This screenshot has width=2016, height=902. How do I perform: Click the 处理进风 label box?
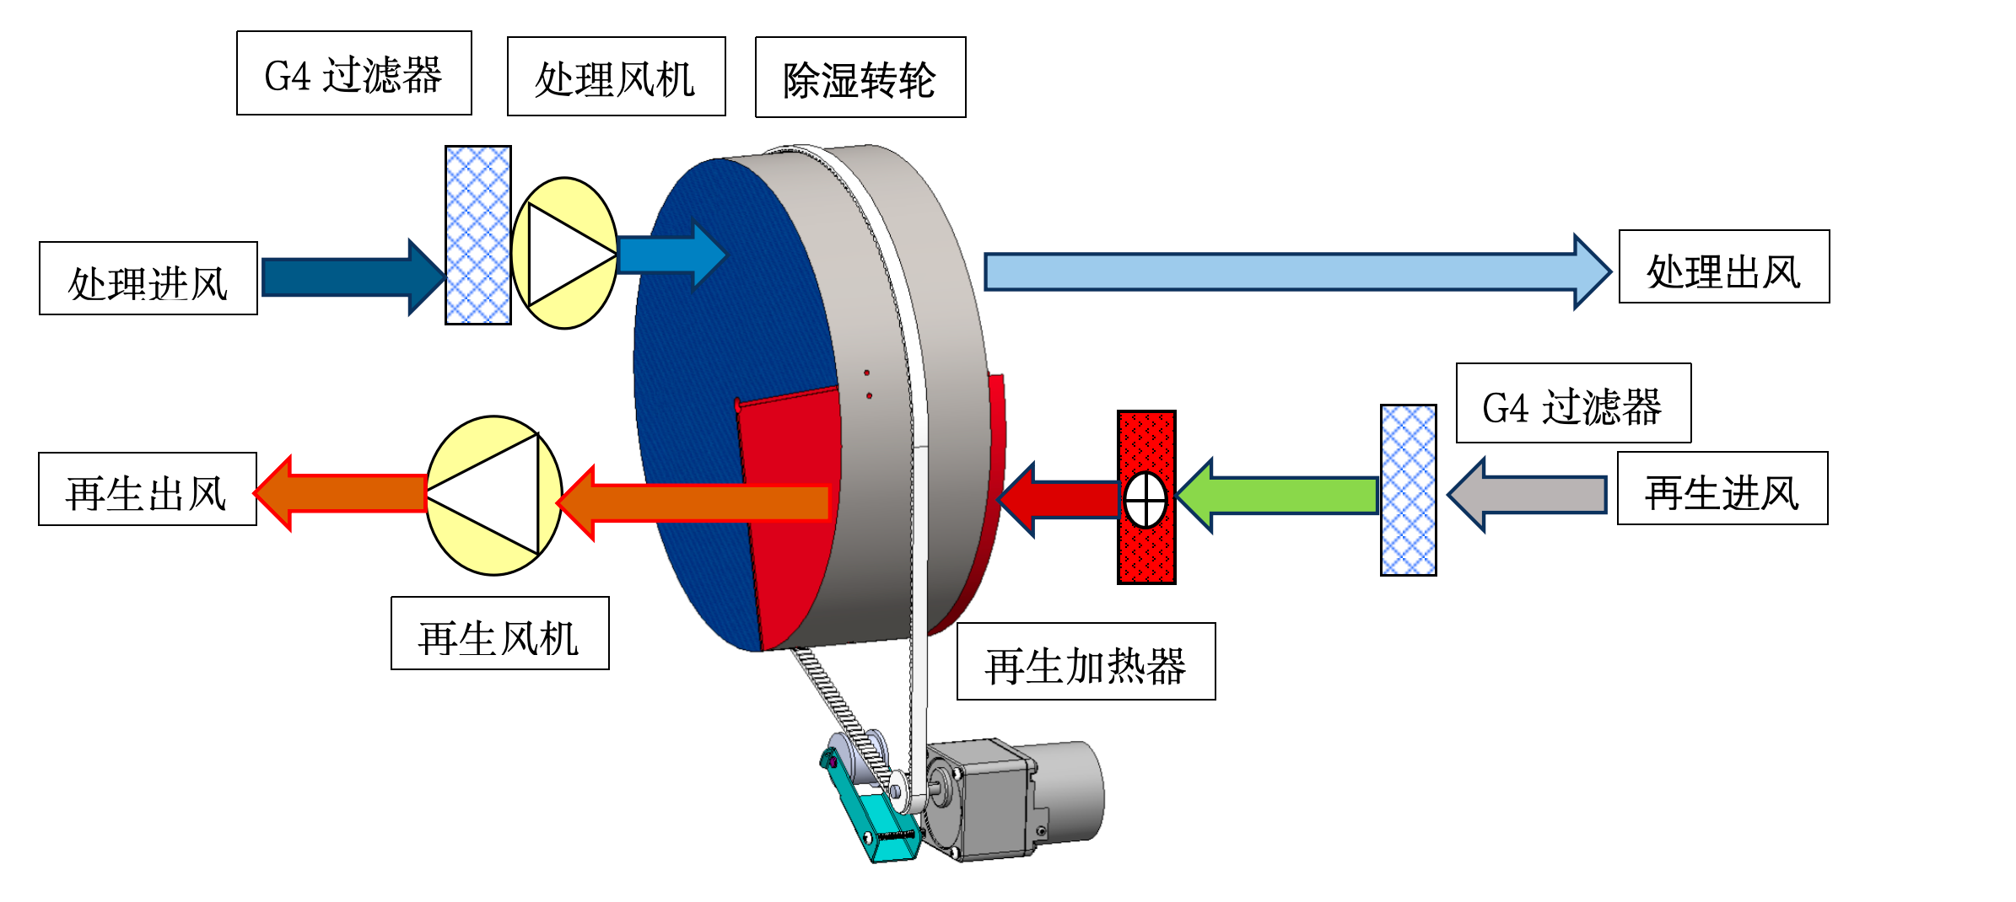[x=148, y=278]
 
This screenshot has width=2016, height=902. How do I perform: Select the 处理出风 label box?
[x=1723, y=266]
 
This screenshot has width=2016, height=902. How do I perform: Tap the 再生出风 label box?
[x=148, y=489]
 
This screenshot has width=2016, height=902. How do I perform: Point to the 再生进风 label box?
[x=1722, y=488]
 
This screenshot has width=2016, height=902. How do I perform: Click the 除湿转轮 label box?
[x=860, y=78]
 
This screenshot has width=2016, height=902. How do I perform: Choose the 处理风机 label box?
[x=616, y=77]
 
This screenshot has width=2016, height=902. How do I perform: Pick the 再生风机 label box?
[x=499, y=633]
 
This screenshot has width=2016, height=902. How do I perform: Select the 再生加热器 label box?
[x=1086, y=662]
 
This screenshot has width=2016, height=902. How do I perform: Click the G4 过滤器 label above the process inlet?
[x=353, y=73]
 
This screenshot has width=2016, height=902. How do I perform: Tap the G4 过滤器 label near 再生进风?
[x=1573, y=403]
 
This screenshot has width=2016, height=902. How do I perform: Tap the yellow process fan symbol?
[x=564, y=253]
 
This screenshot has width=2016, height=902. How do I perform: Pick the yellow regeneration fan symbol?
[x=493, y=496]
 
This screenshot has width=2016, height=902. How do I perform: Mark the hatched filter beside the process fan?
[x=478, y=235]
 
